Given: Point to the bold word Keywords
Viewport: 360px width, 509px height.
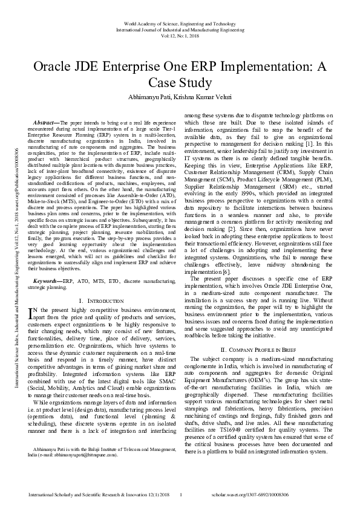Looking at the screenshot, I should tap(48, 281).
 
